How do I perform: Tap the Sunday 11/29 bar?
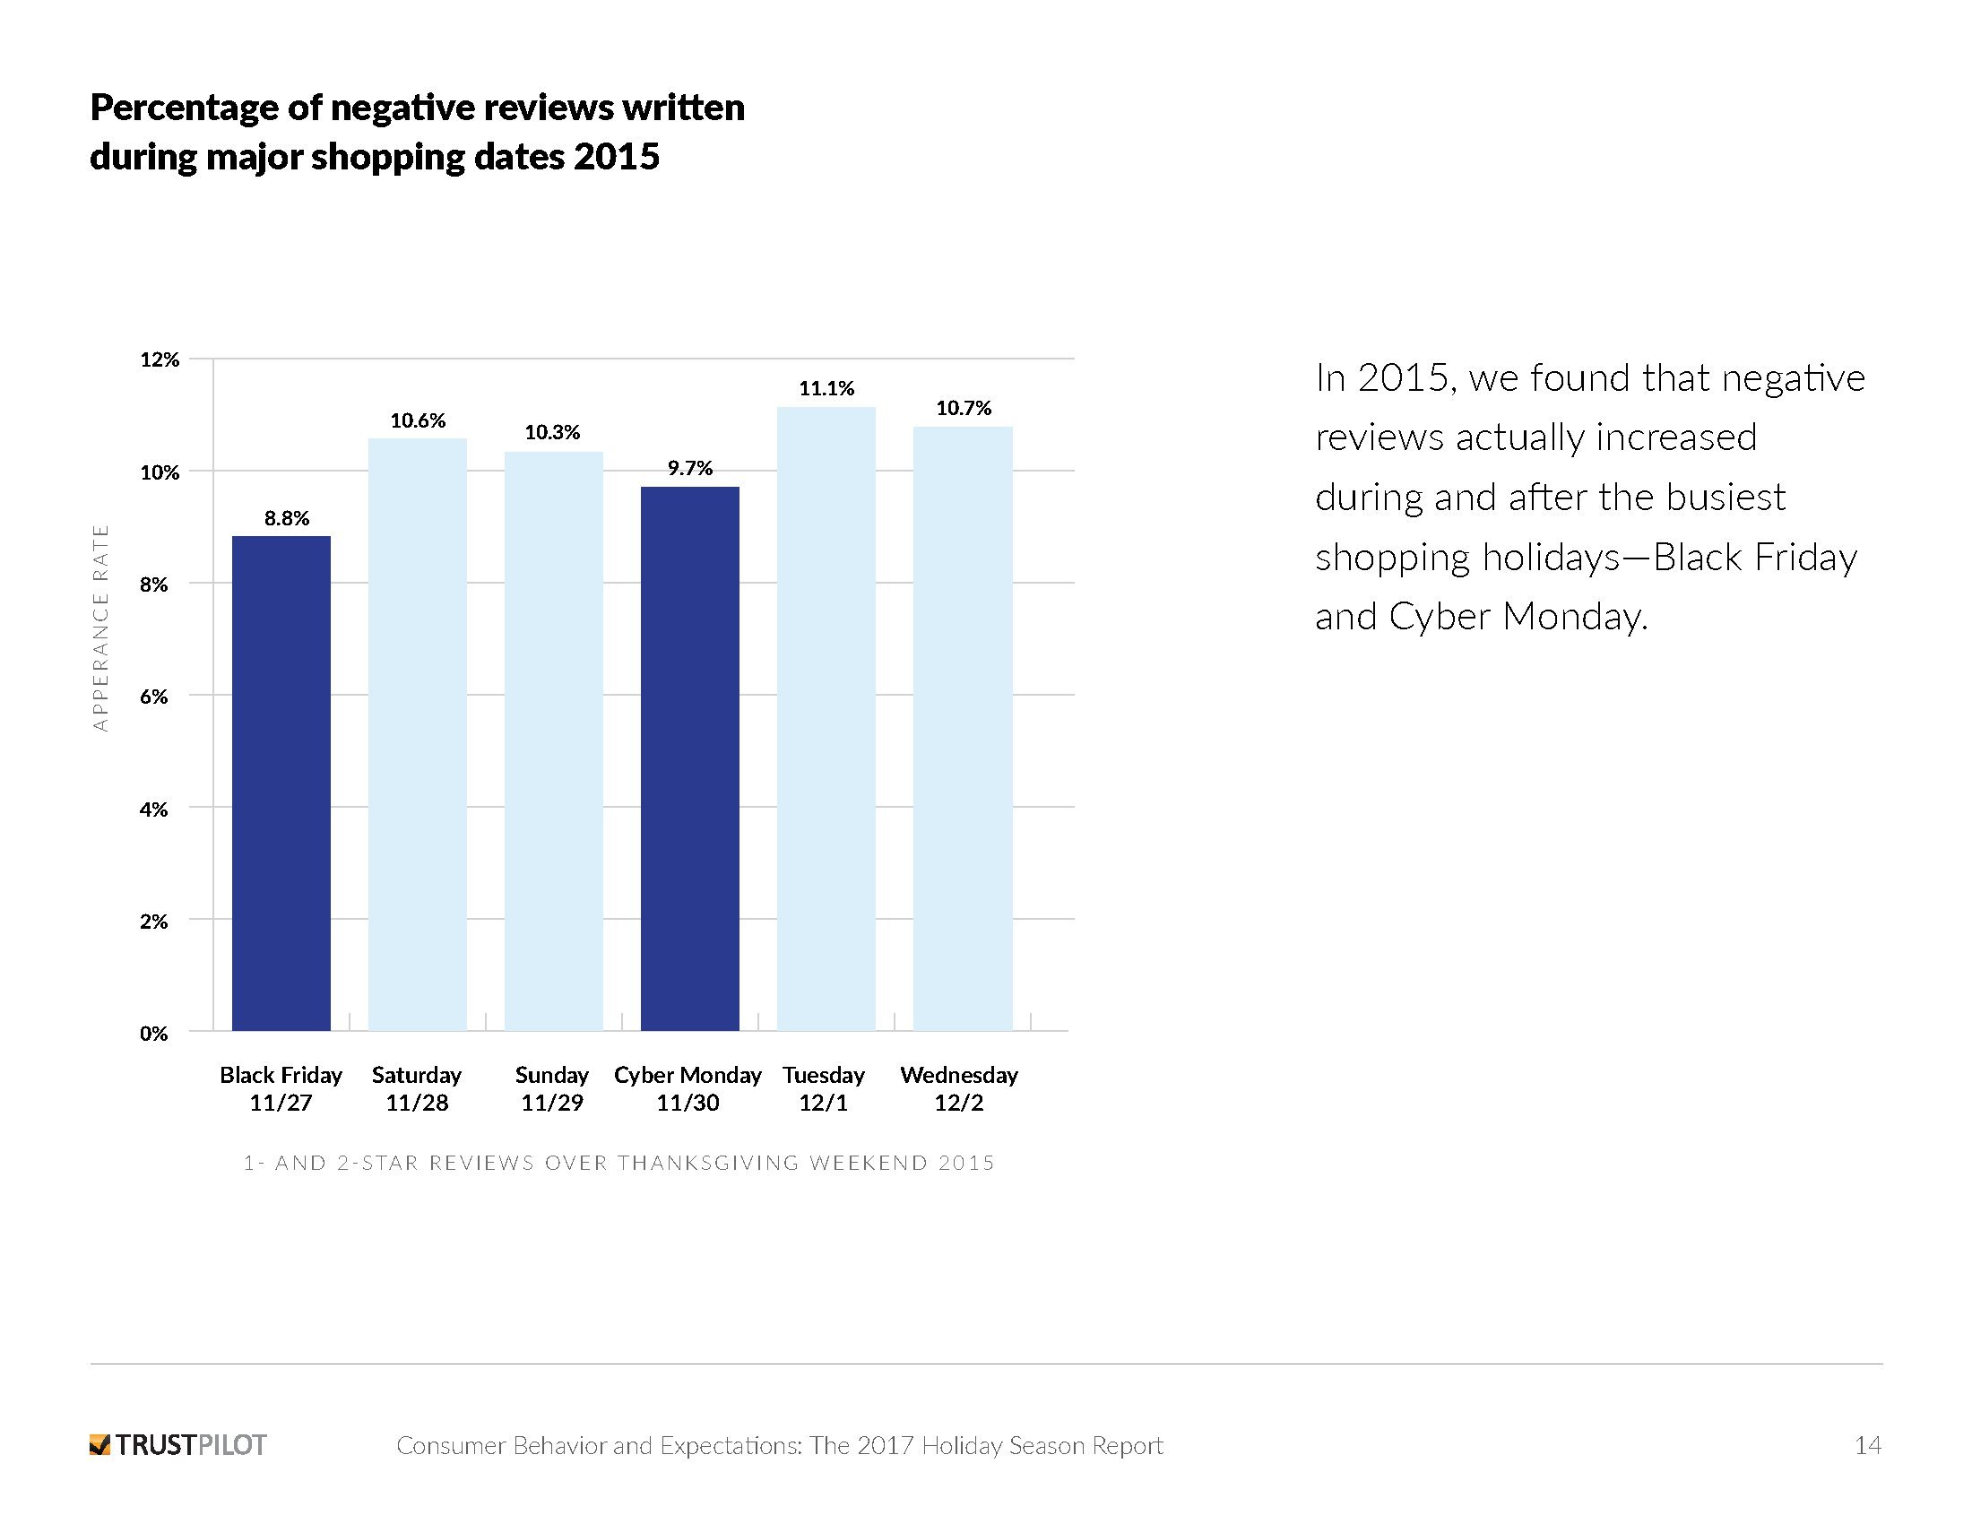click(x=552, y=740)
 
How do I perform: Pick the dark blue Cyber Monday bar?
click(x=690, y=758)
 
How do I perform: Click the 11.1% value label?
click(x=826, y=388)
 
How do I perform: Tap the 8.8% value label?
click(x=286, y=518)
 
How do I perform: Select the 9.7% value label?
click(x=690, y=468)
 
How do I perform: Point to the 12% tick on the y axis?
click(x=160, y=359)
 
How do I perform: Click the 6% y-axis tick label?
click(x=153, y=696)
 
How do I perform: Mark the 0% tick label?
click(x=153, y=1033)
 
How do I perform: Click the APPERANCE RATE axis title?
click(x=100, y=628)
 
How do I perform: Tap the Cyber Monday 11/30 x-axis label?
click(x=688, y=1088)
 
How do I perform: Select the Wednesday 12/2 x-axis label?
click(x=959, y=1088)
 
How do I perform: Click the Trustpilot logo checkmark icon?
click(x=100, y=1444)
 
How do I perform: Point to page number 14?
click(x=1867, y=1445)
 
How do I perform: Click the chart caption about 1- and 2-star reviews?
click(x=618, y=1163)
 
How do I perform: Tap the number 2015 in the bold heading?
click(x=616, y=157)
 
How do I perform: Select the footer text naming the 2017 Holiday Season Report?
click(x=779, y=1445)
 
